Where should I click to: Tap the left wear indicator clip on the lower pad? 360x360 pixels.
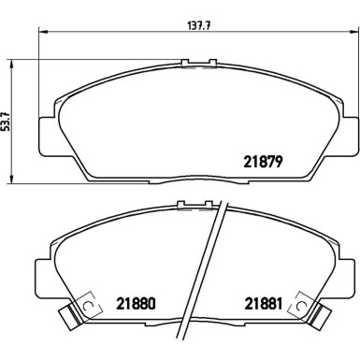click(82, 311)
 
